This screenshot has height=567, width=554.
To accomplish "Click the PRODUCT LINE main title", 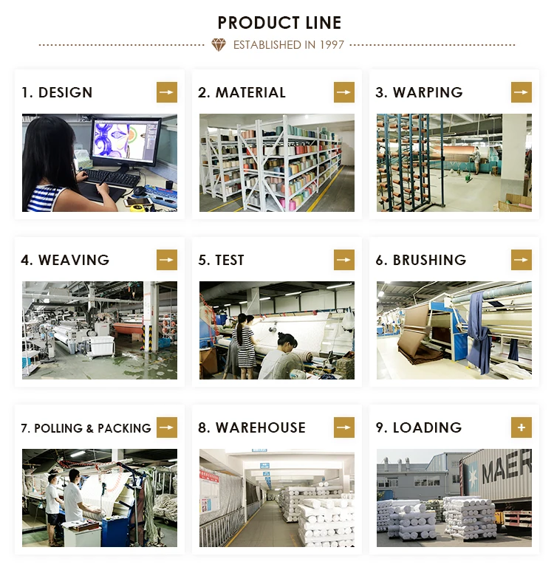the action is (279, 23).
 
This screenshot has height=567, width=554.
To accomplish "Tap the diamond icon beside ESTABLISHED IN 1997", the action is (219, 45).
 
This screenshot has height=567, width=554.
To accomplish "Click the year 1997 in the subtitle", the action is (332, 45).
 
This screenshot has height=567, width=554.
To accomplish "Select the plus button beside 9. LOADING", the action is (521, 427).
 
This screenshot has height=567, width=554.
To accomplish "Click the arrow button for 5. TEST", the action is (343, 260).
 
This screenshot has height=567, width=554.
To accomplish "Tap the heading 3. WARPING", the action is (419, 92).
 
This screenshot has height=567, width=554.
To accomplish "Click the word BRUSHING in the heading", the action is (429, 260).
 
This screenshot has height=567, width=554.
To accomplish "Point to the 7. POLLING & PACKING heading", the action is (86, 428).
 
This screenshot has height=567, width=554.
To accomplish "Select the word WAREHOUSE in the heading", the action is (261, 427).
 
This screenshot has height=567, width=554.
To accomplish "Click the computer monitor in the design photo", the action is (125, 142).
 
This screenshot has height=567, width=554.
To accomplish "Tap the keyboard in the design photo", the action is (112, 178).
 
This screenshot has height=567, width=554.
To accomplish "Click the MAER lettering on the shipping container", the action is (507, 468).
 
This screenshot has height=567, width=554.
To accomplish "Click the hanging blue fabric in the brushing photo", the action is (479, 333).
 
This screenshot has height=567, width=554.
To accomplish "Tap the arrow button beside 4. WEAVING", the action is (167, 260).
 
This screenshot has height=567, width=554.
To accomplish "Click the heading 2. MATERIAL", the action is (242, 92).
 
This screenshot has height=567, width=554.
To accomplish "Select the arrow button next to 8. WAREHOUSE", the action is (343, 427).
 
